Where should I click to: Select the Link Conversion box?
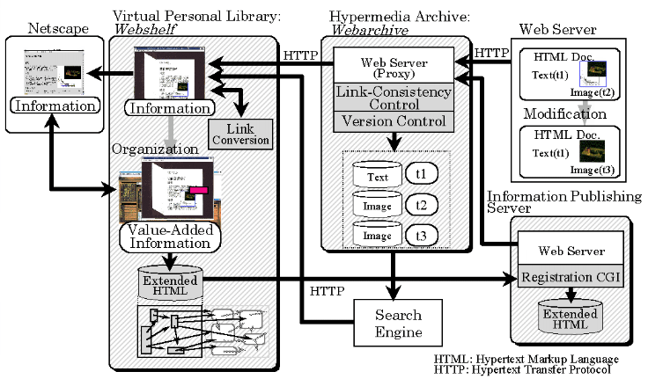pos(239,133)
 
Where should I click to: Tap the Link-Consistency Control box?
pos(394,98)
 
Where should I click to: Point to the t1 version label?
pos(422,173)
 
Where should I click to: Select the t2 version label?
pos(422,205)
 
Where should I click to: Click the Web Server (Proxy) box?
pos(394,66)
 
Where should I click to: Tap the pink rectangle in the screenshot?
pos(197,188)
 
